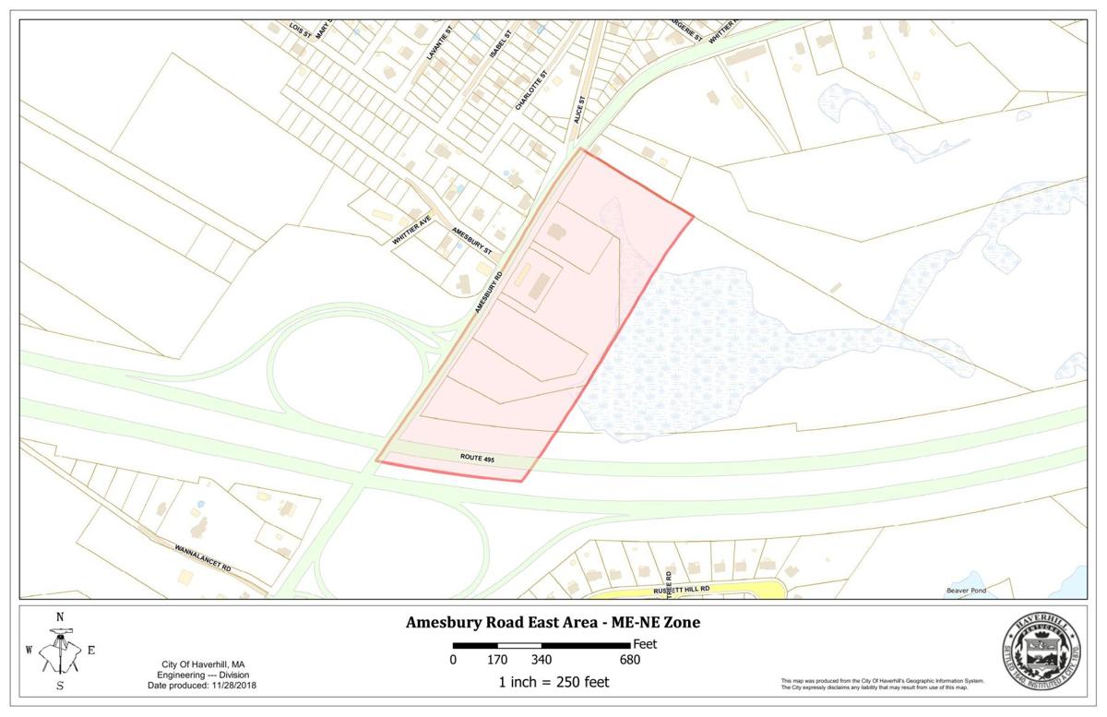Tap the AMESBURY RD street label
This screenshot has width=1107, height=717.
[x=489, y=293]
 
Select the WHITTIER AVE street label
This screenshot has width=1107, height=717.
[x=411, y=229]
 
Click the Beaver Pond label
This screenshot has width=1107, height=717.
[x=966, y=591]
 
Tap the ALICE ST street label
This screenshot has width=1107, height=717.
[x=580, y=109]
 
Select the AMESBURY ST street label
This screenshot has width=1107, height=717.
[x=471, y=242]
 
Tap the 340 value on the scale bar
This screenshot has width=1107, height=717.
[x=541, y=660]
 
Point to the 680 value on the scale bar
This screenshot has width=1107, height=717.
[x=629, y=660]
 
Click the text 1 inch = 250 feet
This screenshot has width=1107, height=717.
[x=553, y=683]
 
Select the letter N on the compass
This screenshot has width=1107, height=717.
[x=60, y=617]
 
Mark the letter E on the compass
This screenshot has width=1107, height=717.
[x=90, y=650]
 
